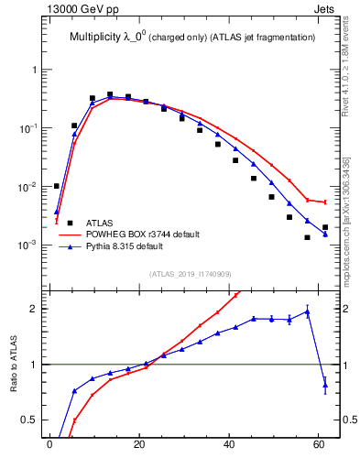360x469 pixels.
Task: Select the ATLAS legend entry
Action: pyautogui.click(x=100, y=223)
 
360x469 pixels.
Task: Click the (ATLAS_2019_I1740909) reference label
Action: pyautogui.click(x=190, y=273)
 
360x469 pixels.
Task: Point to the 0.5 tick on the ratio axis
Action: pyautogui.click(x=32, y=420)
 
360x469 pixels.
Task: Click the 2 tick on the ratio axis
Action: pyautogui.click(x=37, y=309)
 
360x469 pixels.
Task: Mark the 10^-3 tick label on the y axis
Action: pyautogui.click(x=30, y=245)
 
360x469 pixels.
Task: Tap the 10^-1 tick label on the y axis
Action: pyautogui.click(x=30, y=128)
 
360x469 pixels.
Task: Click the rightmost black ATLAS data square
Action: pyautogui.click(x=325, y=227)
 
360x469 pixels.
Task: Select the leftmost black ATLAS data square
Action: pyautogui.click(x=57, y=186)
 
